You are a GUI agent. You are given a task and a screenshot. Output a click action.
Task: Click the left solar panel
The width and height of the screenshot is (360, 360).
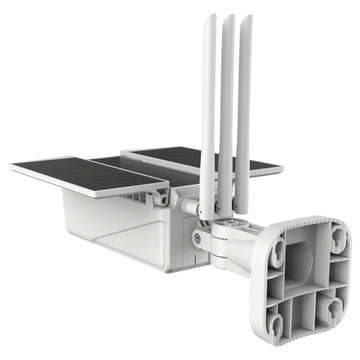[x=85, y=172]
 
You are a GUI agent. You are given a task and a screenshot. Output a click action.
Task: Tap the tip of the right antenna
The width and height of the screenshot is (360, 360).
[x=245, y=19]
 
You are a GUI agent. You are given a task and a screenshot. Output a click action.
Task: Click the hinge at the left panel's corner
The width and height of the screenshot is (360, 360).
[x=160, y=199]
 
